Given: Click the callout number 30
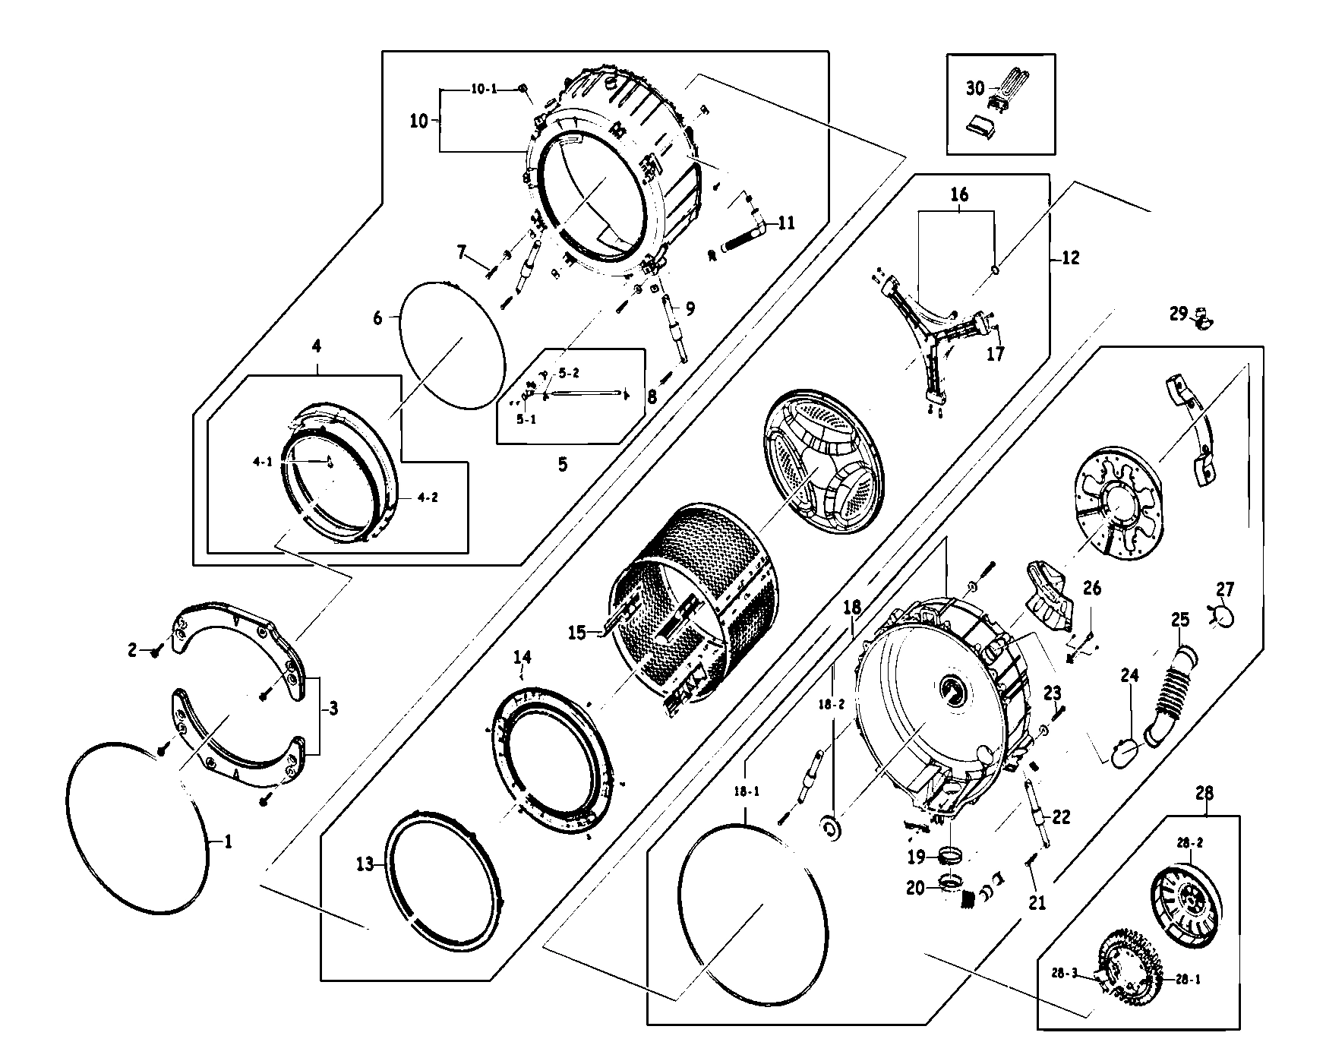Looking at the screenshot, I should pos(975,89).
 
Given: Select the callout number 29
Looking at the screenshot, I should pos(1178,313).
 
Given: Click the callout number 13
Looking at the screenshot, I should pos(365,864).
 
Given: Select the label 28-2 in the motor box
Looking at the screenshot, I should pos(1190,843).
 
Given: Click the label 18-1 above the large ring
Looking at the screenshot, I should pos(747,791).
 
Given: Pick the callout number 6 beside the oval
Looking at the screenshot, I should pos(378,318).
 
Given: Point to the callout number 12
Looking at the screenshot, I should pos(1069,258).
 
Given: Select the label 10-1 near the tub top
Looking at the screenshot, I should pos(484,89).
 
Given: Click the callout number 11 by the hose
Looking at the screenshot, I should pos(786,223).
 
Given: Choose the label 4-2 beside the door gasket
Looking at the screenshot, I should pos(426,498).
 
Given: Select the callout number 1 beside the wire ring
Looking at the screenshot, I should pos(227,842).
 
